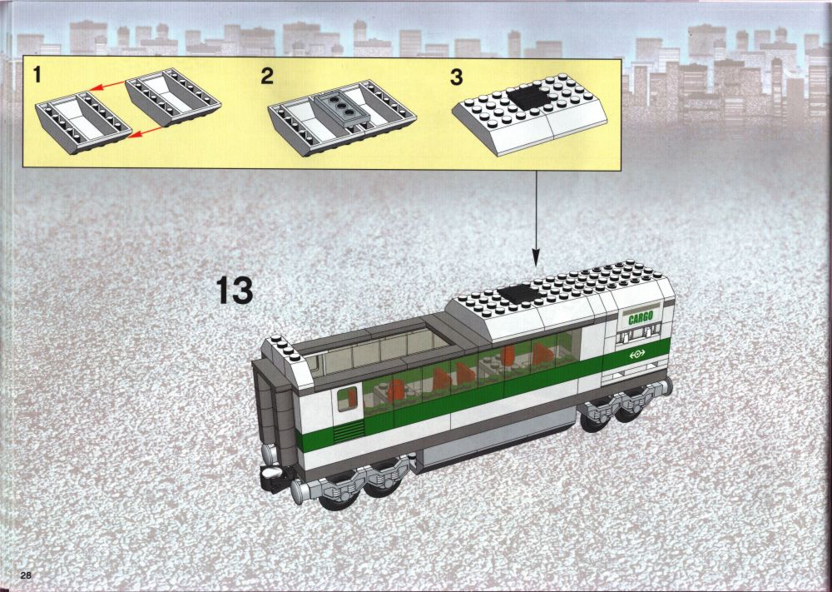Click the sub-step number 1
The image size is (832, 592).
tap(37, 75)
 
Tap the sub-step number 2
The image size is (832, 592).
tap(267, 76)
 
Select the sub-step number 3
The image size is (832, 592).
tap(456, 77)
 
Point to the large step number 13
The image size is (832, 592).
tap(235, 291)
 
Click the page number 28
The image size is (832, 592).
tap(27, 575)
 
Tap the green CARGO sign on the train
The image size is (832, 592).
tap(641, 318)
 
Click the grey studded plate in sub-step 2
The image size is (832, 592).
tap(338, 108)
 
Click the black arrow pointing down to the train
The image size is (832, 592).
tap(535, 218)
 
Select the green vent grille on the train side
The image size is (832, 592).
tap(349, 431)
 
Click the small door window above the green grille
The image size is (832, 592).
tap(347, 398)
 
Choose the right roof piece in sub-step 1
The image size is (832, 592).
tap(173, 97)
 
